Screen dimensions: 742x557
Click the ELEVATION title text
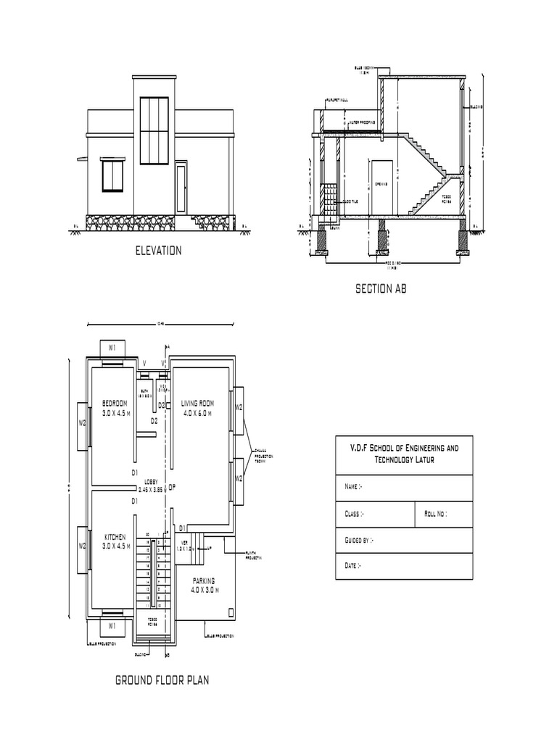158,251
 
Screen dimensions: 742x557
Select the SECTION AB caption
381,288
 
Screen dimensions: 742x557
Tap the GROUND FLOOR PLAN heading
162,680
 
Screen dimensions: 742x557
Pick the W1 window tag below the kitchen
112,625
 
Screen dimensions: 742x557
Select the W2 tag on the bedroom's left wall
83,422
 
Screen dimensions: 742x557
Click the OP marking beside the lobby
172,488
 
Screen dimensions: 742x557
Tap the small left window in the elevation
113,177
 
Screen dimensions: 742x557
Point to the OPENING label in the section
380,184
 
